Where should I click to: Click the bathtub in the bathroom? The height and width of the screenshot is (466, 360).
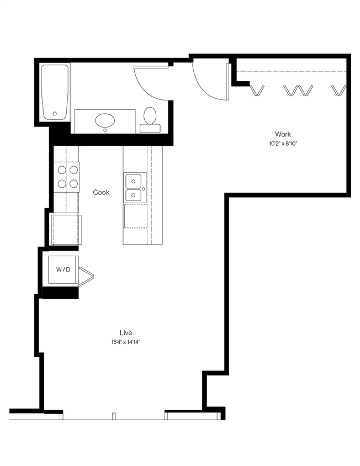click(55, 92)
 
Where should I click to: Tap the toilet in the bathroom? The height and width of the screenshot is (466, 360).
click(150, 116)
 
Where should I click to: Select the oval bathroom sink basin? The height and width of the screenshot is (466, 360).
click(105, 120)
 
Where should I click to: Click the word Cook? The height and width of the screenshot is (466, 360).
click(101, 192)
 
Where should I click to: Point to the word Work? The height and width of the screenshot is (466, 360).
click(283, 134)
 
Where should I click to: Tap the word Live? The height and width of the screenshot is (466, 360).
click(125, 332)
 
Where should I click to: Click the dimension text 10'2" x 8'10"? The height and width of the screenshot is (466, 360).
click(283, 144)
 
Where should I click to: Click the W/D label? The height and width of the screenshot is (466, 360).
click(63, 269)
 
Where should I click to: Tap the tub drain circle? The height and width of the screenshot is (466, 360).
click(55, 114)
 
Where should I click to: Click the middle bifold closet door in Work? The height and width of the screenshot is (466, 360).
click(298, 90)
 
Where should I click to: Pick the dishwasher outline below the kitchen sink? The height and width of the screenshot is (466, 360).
click(135, 215)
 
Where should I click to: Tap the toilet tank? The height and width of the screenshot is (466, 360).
click(150, 128)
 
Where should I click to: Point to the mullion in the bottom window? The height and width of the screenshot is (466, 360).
click(113, 416)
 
